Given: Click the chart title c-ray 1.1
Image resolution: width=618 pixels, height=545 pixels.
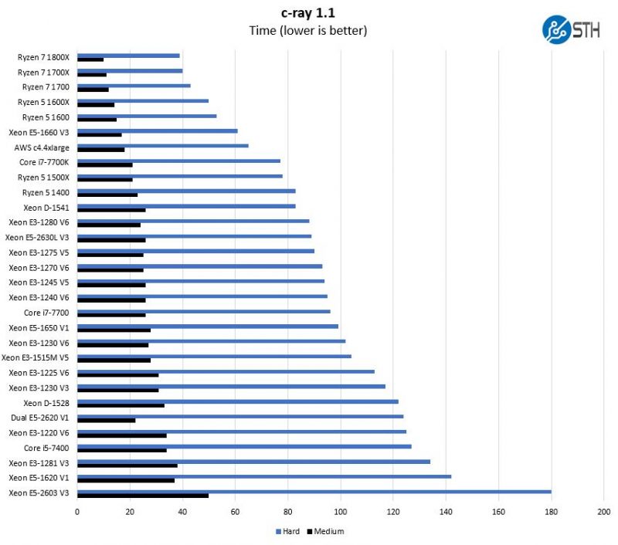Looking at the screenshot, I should pos(307,12).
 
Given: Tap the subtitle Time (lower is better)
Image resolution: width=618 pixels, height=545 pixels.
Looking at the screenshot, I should pos(307,31).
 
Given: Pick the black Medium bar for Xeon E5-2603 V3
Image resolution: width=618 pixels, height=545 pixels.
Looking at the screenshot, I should pos(143,495).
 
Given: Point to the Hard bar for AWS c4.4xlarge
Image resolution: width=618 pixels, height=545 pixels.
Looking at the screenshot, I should pos(163,145).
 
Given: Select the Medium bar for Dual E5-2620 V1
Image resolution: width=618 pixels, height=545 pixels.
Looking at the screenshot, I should pos(107,420).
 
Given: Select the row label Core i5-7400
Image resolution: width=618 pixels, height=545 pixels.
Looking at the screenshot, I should pos(46,448).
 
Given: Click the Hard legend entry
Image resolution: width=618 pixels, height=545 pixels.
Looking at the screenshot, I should pos(287,531).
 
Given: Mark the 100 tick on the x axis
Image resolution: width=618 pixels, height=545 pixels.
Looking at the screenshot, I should pos(341,511).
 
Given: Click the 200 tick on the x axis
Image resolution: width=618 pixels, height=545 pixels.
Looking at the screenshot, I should pos(604,511).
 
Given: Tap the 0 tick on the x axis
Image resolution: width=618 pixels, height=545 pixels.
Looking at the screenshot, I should pos(77,511).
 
